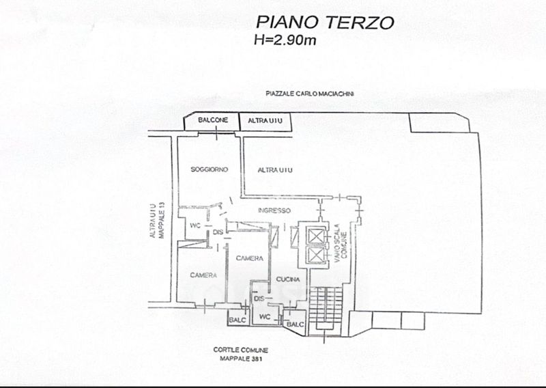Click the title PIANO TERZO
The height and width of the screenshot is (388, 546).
click(x=325, y=23)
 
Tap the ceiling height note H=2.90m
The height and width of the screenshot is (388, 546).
click(x=285, y=40)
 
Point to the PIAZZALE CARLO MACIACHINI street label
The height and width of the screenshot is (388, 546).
click(x=310, y=94)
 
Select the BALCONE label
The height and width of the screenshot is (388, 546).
click(x=213, y=120)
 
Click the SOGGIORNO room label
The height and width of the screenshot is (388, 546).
click(x=210, y=169)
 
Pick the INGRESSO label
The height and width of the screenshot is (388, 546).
click(x=274, y=210)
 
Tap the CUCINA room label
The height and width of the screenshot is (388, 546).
click(x=288, y=279)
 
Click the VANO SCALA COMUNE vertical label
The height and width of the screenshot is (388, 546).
click(x=340, y=245)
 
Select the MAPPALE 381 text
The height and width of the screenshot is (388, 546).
click(x=241, y=359)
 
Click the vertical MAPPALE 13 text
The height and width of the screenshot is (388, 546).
click(x=161, y=221)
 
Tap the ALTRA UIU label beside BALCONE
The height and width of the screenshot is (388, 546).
click(x=265, y=121)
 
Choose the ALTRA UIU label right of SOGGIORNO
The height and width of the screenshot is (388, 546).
click(x=275, y=170)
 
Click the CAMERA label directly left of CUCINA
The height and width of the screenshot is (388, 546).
click(x=249, y=258)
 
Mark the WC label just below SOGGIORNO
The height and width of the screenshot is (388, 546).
click(x=195, y=225)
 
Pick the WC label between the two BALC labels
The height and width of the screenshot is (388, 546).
click(x=265, y=317)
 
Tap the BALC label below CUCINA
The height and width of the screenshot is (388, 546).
click(x=296, y=324)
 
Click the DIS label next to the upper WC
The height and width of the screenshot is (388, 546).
click(x=218, y=232)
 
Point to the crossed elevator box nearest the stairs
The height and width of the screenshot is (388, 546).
click(x=316, y=254)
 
